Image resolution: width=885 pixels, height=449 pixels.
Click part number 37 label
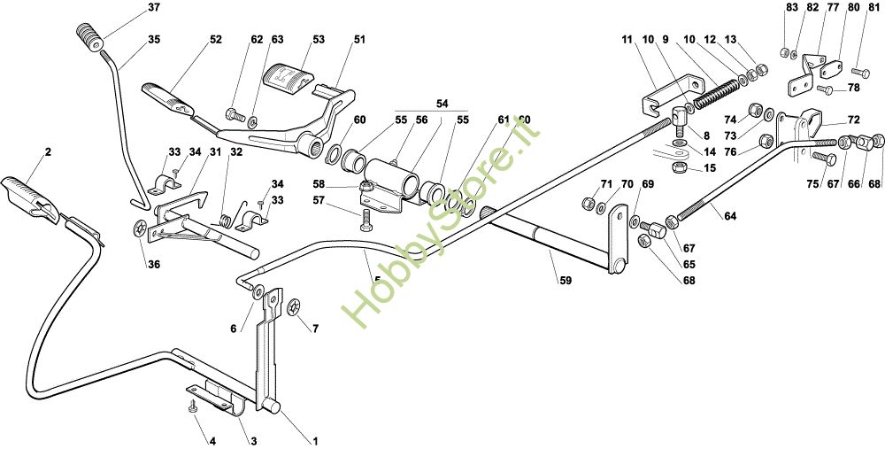154,8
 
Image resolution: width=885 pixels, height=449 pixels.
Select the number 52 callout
216,40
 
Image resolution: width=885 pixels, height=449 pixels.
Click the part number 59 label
565,281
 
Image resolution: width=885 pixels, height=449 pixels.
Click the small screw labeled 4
192,406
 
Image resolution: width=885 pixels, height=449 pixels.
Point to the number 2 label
48,152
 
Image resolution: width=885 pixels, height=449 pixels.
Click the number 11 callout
627,40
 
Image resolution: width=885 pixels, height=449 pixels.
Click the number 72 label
853,120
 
